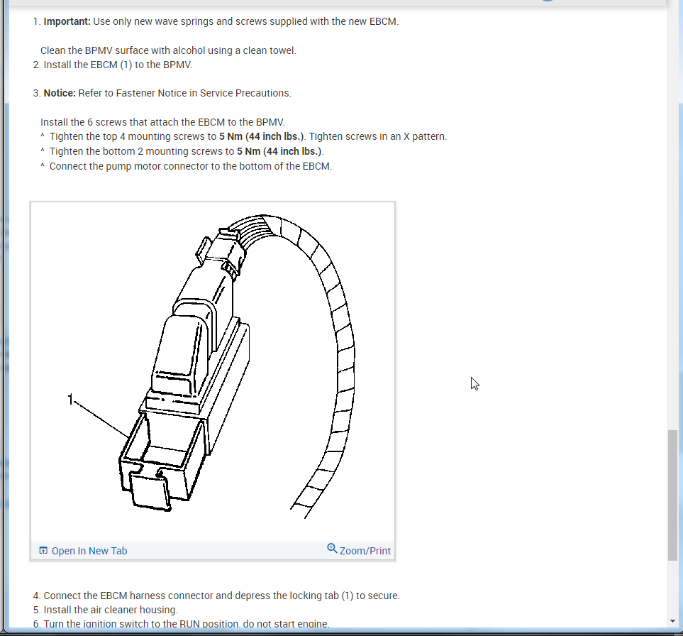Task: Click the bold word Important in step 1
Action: [66, 21]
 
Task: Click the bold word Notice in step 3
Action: [59, 93]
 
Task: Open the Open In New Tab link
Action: [89, 551]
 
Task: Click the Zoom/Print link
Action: [365, 551]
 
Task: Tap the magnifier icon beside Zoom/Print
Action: [332, 549]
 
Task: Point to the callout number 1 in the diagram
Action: [70, 400]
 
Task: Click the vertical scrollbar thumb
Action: [672, 494]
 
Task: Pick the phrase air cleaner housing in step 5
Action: [135, 610]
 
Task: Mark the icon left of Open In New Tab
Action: [43, 551]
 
